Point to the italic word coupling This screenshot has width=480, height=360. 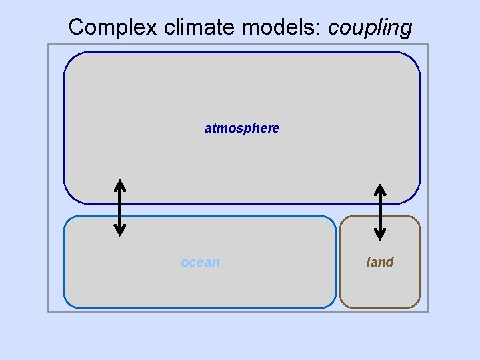[370, 28]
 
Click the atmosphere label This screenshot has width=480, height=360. [242, 128]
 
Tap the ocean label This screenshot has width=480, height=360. [200, 262]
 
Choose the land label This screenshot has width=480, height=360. [380, 262]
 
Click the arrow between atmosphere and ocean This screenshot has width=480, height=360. [119, 207]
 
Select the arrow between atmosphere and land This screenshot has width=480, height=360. [380, 211]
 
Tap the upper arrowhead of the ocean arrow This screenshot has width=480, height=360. [119, 185]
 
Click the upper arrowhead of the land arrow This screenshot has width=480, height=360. [380, 189]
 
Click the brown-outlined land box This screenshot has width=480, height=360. [380, 287]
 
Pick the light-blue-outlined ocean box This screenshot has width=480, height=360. [200, 287]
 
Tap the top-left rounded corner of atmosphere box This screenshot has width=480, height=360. [71, 59]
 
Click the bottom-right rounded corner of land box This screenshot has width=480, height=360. [416, 303]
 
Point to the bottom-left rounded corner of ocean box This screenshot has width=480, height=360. [69, 303]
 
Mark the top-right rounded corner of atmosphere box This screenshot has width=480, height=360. [414, 59]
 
